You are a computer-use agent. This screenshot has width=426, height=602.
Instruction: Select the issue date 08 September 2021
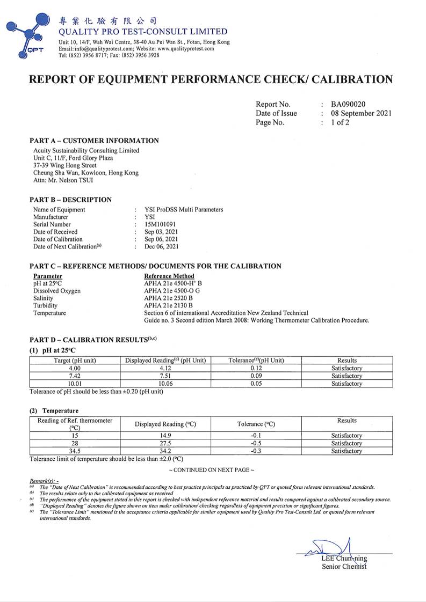pos(361,113)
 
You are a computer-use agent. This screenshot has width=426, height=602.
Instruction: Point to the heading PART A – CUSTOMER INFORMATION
pos(94,141)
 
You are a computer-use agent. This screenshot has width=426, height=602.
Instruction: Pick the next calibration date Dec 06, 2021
pos(162,247)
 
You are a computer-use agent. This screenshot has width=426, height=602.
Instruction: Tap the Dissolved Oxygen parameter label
pos(57,291)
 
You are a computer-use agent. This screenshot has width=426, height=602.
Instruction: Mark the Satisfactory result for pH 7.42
pos(346,376)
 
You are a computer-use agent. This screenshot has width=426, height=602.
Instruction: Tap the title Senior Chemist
pos(344,566)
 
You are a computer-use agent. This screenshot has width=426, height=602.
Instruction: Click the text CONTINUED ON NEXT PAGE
pos(211,470)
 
